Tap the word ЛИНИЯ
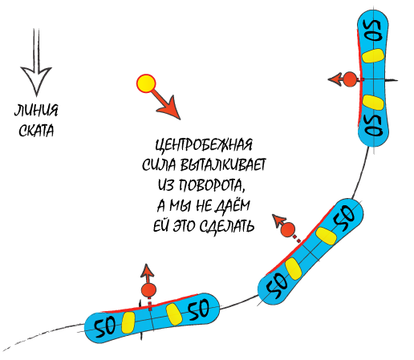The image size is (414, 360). pos(36,111)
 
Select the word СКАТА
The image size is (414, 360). pos(36,131)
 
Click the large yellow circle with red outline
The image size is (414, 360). pos(146,83)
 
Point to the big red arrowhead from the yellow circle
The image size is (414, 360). pos(169,108)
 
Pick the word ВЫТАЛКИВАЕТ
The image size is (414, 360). pos(223,165)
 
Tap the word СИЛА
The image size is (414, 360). pos(159,165)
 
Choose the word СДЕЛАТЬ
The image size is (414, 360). pos(227,226)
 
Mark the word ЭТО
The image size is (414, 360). pos(185,226)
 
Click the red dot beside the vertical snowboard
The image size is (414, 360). pos(350,79)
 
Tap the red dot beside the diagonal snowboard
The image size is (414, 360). pos(288,229)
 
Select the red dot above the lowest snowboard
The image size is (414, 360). pos(148,290)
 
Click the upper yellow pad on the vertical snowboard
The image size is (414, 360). pos(373,56)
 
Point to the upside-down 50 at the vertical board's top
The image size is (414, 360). pos(374,30)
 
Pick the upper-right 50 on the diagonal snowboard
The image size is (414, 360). pos(345,217)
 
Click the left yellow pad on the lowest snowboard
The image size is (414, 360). pos(128,322)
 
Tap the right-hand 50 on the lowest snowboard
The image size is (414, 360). pos(198,309)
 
